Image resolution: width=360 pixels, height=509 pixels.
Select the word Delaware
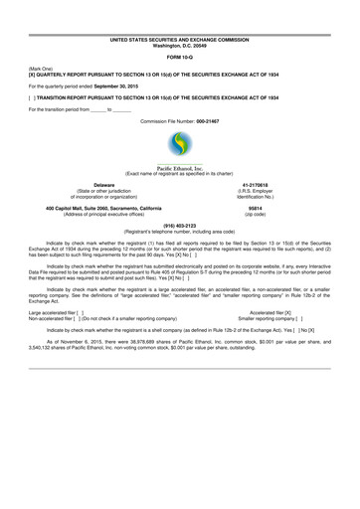click(103, 185)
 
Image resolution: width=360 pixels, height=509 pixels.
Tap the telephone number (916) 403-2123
click(180, 225)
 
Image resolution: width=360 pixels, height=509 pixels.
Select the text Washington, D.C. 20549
click(180, 46)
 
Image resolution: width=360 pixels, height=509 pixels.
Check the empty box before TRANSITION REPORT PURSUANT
click(34, 97)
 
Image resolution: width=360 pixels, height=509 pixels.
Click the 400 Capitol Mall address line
click(104, 207)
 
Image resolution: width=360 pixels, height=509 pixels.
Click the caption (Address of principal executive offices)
click(104, 213)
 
